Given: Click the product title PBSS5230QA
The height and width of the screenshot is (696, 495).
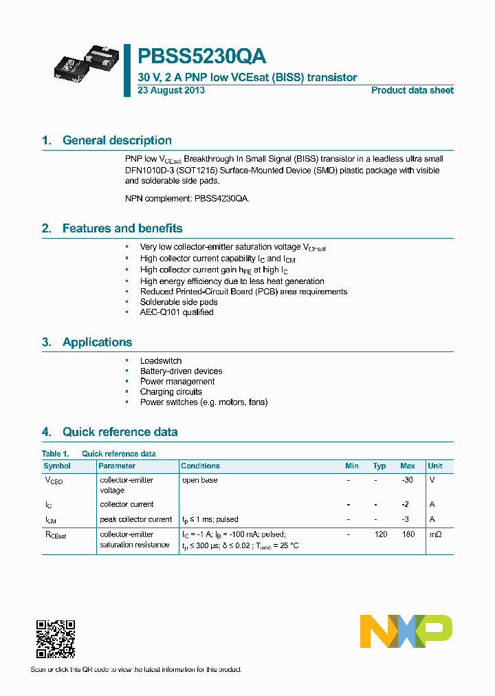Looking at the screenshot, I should pos(201,56).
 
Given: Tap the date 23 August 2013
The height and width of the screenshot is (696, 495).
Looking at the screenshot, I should pos(171,91).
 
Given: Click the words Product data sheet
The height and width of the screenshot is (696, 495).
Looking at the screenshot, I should pos(412,91).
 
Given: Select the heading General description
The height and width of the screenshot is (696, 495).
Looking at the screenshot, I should pos(117,140).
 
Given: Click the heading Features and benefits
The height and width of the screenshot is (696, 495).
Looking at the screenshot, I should pos(122,228).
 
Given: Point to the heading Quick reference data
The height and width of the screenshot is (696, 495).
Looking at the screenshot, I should pos(120,432).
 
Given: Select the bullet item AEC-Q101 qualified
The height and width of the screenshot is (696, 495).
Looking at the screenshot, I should pos(177,312).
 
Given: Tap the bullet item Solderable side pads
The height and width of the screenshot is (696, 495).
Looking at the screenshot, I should pos(179,302).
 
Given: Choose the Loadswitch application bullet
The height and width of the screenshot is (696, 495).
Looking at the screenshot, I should pos(161,360).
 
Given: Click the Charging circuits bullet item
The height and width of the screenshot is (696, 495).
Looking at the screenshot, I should pos(170,392).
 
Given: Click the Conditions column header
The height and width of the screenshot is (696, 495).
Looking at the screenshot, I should pos(200,466).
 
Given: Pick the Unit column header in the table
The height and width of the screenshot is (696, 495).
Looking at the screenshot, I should pos(434,466).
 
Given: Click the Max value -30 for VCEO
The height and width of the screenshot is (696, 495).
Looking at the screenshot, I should pos(407,480).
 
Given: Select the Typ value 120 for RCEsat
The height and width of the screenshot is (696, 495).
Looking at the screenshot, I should pos(380,534).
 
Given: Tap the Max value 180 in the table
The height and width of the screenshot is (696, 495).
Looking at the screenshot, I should pos(408,534).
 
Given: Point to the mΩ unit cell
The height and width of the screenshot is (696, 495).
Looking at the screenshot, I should pos(434,534).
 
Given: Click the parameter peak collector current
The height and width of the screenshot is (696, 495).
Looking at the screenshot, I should pos(135,519).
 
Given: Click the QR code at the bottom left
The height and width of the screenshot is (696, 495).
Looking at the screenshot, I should pos(55,639).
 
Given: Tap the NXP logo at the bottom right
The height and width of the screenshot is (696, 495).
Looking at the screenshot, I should pos(406,631).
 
